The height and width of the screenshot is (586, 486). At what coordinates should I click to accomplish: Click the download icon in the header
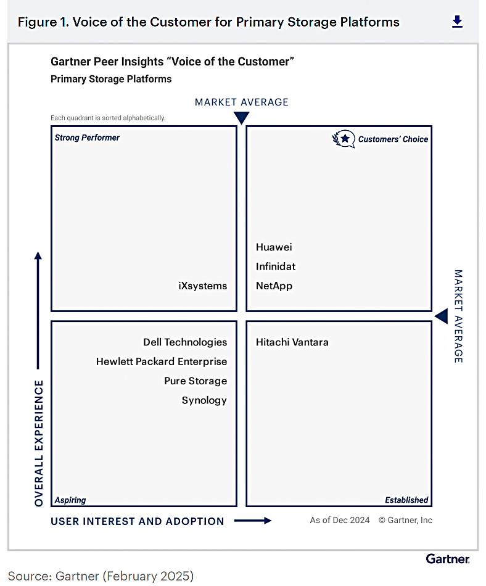point(457,22)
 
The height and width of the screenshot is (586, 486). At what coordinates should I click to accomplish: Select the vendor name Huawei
point(274,247)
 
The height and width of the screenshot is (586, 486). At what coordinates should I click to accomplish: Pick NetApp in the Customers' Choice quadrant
point(274,286)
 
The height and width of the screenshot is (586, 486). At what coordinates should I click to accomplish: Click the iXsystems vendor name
point(202,286)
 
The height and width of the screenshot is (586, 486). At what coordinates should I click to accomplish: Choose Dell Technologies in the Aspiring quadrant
point(185,342)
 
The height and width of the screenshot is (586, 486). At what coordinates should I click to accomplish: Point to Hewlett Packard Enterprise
point(162,361)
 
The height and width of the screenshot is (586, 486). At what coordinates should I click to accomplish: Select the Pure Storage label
point(196,381)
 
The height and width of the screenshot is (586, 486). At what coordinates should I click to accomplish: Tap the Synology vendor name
point(204,400)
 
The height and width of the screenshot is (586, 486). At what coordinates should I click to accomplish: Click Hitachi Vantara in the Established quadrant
point(292,342)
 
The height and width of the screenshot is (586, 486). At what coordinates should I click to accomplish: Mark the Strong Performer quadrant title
point(87,138)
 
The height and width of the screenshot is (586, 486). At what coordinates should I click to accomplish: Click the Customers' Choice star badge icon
point(344,139)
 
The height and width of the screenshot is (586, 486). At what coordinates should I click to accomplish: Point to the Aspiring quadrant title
point(70,500)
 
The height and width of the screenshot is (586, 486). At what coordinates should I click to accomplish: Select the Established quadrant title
point(406,500)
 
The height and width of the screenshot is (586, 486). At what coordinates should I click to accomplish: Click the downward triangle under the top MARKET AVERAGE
point(241,118)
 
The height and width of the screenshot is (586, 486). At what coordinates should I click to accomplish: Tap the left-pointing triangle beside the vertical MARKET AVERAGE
point(441,316)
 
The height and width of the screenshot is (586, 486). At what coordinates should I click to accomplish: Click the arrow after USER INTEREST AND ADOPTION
point(253,521)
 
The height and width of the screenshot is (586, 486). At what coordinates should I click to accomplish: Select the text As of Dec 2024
point(340,520)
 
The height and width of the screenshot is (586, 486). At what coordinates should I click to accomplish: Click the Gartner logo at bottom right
point(448,559)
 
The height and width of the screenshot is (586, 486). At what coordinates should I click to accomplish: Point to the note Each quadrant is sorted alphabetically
point(108,118)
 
